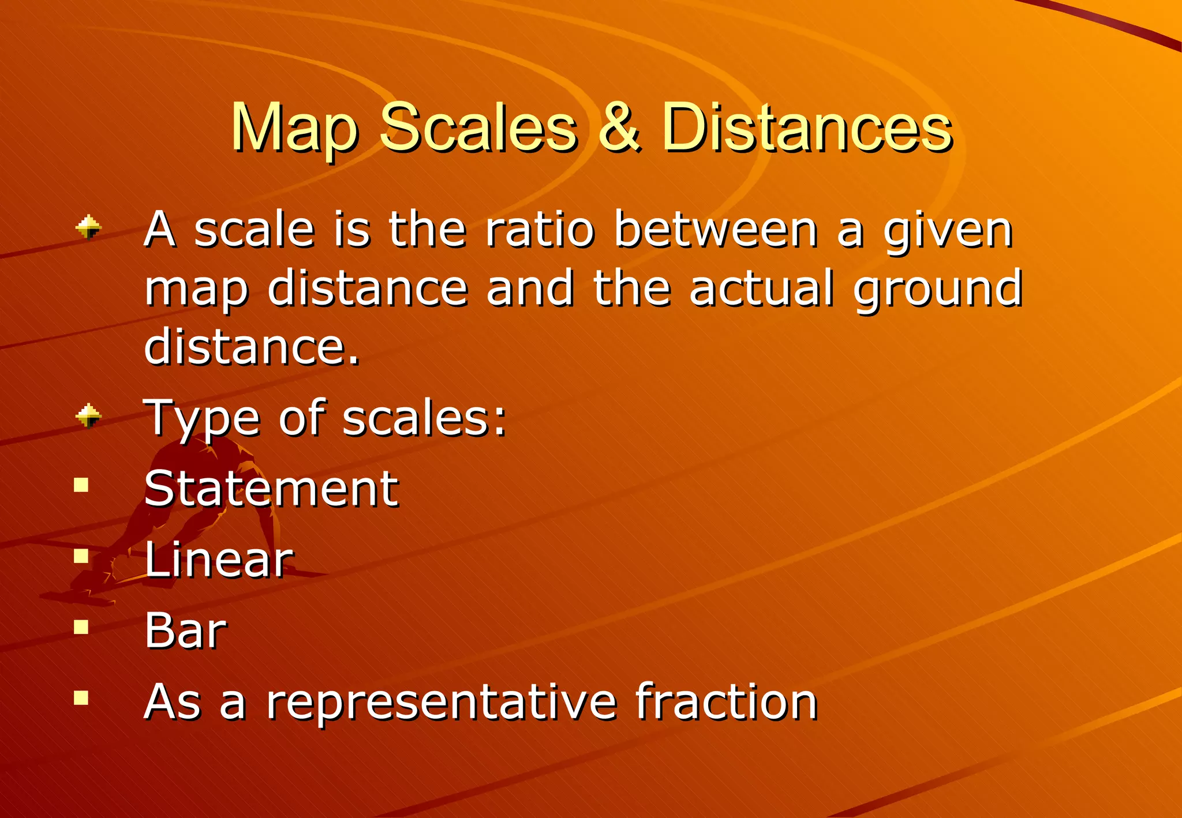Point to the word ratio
pyautogui.click(x=540, y=229)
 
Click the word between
pyautogui.click(x=716, y=229)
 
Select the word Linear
pyautogui.click(x=219, y=559)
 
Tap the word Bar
pyautogui.click(x=185, y=630)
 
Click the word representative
pyautogui.click(x=442, y=703)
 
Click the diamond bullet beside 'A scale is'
pyautogui.click(x=88, y=227)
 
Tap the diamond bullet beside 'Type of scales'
pyautogui.click(x=88, y=416)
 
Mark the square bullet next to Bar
pyautogui.click(x=81, y=626)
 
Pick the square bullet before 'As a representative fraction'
pyautogui.click(x=81, y=698)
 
